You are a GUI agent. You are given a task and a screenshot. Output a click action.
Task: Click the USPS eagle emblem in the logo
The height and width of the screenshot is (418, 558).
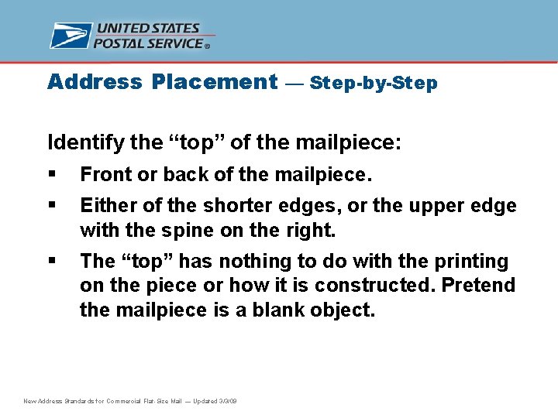pyautogui.click(x=71, y=36)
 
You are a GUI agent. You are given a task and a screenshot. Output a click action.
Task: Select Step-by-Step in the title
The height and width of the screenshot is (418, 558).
pyautogui.click(x=374, y=84)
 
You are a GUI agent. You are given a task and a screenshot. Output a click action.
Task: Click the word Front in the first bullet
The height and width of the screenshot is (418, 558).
pyautogui.click(x=105, y=175)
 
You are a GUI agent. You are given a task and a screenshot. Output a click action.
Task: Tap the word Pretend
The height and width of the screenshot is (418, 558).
pyautogui.click(x=479, y=285)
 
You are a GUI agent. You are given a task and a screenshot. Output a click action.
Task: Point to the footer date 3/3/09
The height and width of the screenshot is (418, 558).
pyautogui.click(x=228, y=401)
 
